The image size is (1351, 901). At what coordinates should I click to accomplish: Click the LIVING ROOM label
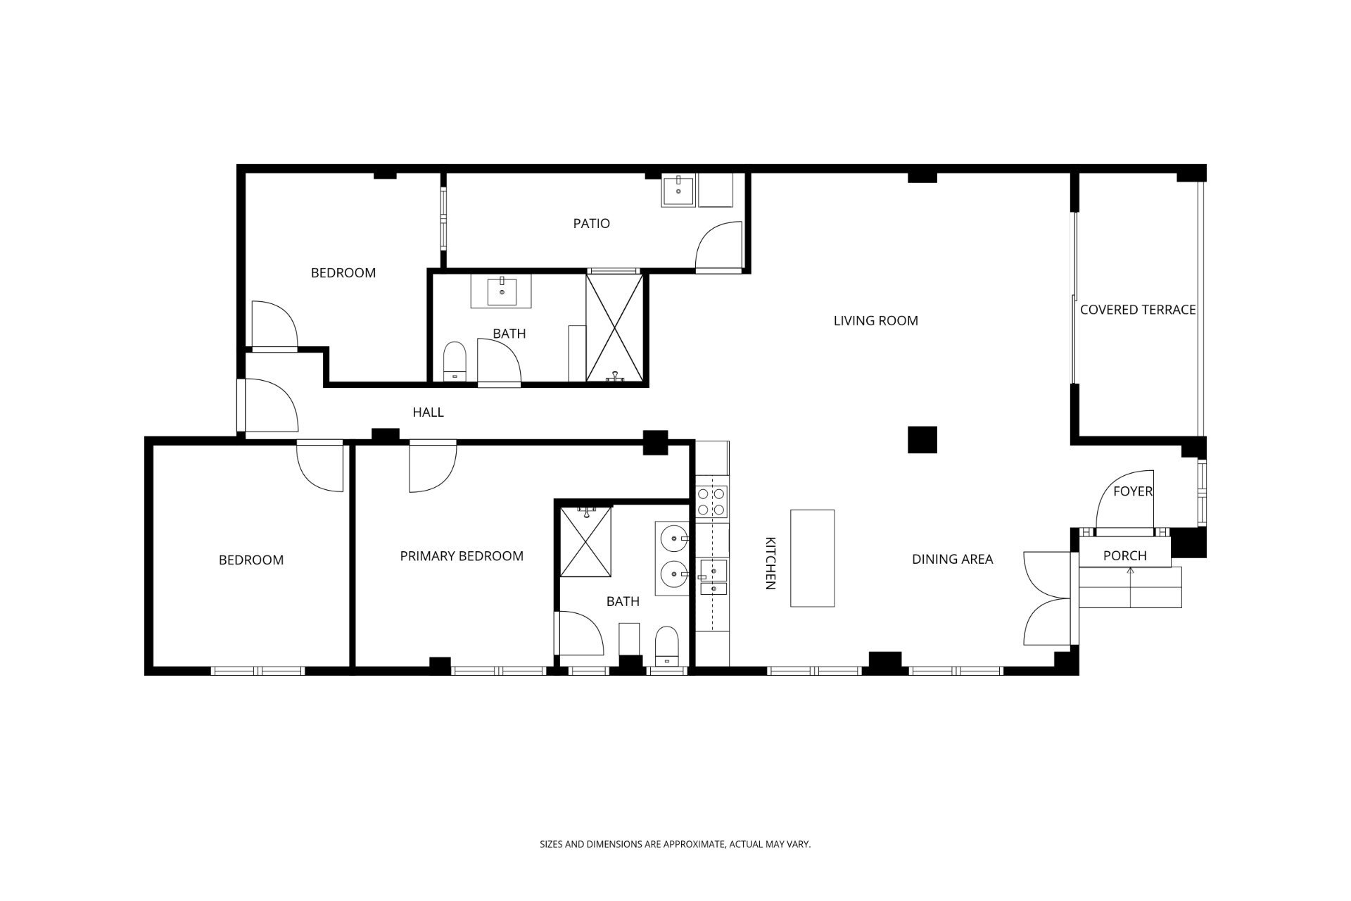coord(875,321)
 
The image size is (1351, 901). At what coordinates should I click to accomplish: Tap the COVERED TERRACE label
coord(1138,310)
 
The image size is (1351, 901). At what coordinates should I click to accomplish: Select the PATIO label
coord(591,224)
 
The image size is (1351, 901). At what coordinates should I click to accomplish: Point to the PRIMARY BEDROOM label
coord(462,556)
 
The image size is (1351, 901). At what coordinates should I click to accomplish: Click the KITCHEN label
coord(770,563)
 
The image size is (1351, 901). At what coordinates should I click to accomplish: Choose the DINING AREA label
coord(952,560)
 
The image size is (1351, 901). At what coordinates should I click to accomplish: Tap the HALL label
coord(428,412)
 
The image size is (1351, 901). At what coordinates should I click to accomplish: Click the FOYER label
coord(1133,491)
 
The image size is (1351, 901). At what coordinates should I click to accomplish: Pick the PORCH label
coord(1124,556)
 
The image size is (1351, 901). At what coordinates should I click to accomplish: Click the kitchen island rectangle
coord(813,558)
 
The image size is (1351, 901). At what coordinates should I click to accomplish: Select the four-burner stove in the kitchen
coord(712,502)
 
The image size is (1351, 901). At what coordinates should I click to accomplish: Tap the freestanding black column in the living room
coord(922,440)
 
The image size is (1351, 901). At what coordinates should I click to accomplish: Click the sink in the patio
coord(678,191)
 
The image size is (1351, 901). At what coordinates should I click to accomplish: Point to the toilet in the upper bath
coord(455,362)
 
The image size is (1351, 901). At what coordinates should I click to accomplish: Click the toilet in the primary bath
coord(666,646)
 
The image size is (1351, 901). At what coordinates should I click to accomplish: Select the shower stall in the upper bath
coord(615,329)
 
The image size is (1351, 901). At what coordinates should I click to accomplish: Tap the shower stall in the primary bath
coord(585,541)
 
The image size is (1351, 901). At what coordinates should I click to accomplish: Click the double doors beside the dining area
coord(1047,599)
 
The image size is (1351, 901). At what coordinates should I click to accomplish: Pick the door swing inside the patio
coord(718,246)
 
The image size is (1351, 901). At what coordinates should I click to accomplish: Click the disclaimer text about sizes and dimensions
coord(675,844)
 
